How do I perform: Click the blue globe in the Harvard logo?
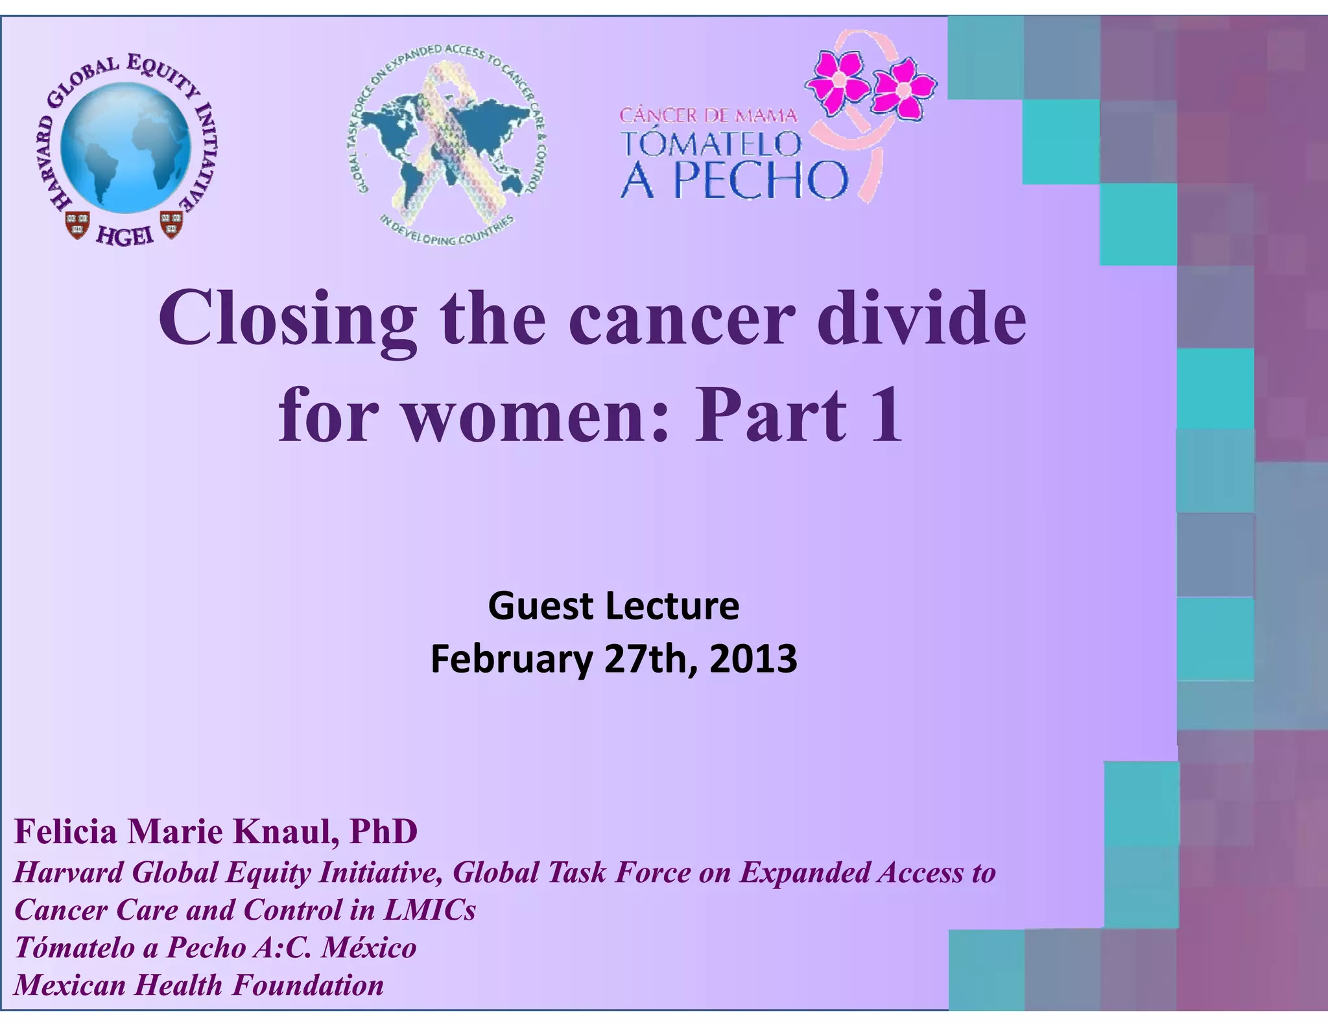click(126, 149)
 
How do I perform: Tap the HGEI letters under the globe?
click(125, 236)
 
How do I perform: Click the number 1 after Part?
click(886, 415)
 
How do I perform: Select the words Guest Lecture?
click(613, 606)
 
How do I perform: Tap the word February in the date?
click(512, 659)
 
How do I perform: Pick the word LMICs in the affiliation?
click(429, 910)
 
